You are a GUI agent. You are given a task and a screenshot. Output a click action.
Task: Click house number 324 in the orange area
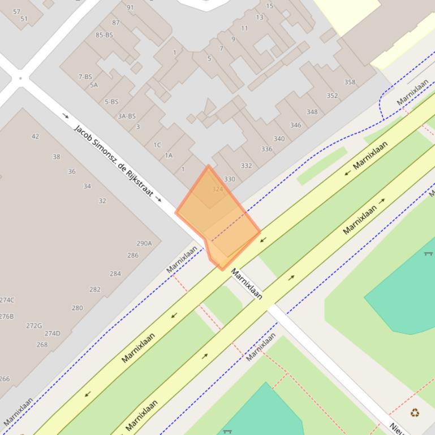click(x=217, y=189)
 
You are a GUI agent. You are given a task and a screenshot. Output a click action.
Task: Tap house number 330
click(x=229, y=179)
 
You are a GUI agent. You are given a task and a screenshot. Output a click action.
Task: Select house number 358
click(x=350, y=82)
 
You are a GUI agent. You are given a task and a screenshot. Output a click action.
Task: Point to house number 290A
click(x=144, y=243)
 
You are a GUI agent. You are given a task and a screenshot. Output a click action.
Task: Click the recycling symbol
click(x=415, y=413)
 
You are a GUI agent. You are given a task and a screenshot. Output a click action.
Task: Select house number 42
click(x=35, y=136)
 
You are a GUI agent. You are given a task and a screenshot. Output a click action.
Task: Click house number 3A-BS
click(x=127, y=116)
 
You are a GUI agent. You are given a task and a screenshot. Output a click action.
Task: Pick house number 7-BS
click(x=85, y=77)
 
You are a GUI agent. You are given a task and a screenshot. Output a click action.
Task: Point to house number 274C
click(x=7, y=300)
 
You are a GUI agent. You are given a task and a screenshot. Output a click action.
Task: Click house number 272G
click(x=34, y=325)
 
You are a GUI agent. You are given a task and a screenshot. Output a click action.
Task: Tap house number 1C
click(x=157, y=145)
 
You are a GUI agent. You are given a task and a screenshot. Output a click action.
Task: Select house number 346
click(x=295, y=125)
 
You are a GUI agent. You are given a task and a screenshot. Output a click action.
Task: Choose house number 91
click(x=131, y=7)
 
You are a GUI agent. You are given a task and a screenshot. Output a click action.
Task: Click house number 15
click(x=270, y=6)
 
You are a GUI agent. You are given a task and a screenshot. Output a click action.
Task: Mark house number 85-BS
click(x=104, y=34)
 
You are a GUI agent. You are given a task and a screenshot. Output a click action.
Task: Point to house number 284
click(x=115, y=273)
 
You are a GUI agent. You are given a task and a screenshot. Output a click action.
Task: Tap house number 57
click(x=16, y=11)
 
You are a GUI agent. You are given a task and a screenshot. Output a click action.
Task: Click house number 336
click(x=266, y=149)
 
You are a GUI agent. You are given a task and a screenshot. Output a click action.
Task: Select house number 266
click(x=5, y=379)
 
